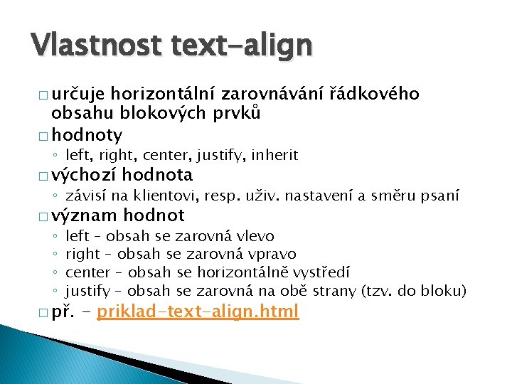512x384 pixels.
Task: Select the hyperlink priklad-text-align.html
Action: pyautogui.click(x=198, y=311)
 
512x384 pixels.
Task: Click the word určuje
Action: pyautogui.click(x=78, y=94)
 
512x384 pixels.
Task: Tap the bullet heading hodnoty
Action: pyautogui.click(x=87, y=135)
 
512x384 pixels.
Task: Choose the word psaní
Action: pyautogui.click(x=441, y=195)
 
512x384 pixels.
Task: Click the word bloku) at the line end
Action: pyautogui.click(x=444, y=290)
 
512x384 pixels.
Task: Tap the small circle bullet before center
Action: pyautogui.click(x=54, y=272)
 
